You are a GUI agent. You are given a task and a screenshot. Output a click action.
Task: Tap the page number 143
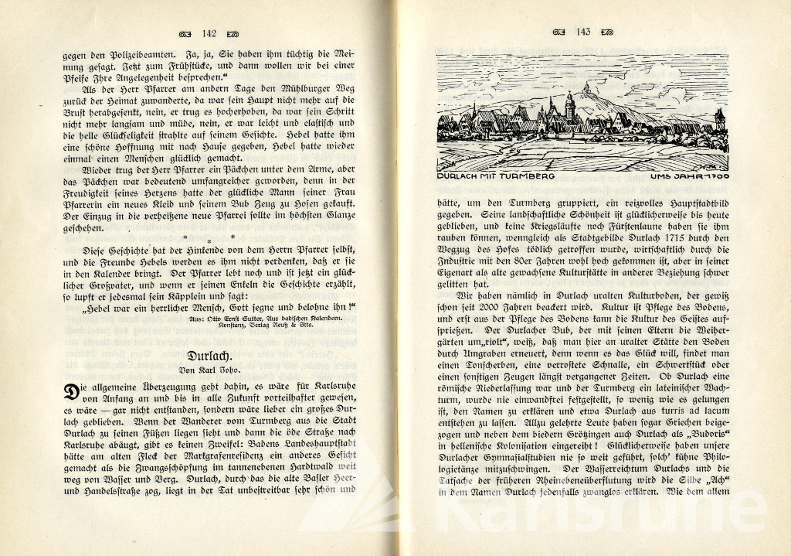[582, 32]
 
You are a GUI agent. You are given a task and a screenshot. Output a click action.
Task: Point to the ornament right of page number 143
[606, 32]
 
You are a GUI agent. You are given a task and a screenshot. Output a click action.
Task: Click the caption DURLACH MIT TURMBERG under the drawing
[492, 177]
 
